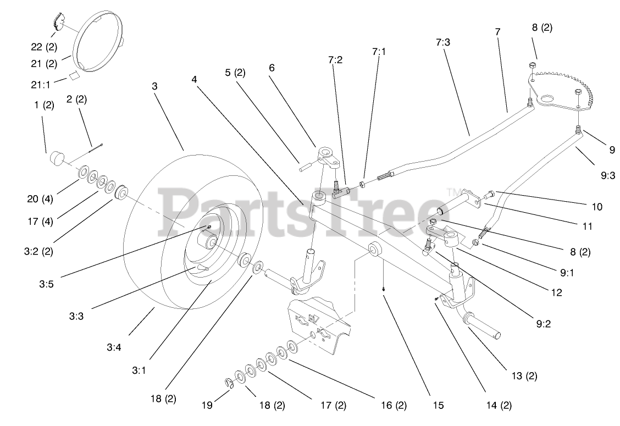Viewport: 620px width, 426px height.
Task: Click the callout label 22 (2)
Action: [x=43, y=47]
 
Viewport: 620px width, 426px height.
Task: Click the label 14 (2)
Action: [x=498, y=406]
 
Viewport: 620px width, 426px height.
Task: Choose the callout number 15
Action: [x=438, y=406]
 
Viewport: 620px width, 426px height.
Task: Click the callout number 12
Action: [x=556, y=292]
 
